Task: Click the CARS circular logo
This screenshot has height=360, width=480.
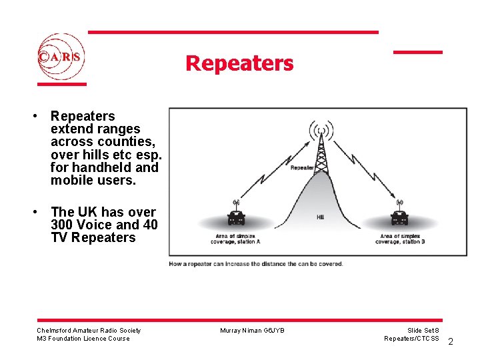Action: (61, 57)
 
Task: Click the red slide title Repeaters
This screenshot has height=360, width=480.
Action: (239, 63)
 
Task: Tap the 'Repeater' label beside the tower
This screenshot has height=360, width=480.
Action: (303, 167)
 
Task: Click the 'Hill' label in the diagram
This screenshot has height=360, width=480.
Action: (321, 217)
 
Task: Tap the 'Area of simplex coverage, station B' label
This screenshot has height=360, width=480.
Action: (400, 239)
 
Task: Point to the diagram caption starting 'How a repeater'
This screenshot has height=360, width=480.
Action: (257, 264)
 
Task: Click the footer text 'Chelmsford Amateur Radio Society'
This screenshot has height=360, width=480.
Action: (89, 330)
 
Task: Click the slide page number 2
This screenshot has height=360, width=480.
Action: (451, 342)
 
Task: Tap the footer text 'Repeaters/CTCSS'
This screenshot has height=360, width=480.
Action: (411, 339)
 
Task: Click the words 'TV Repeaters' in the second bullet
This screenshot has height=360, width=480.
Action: (93, 238)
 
